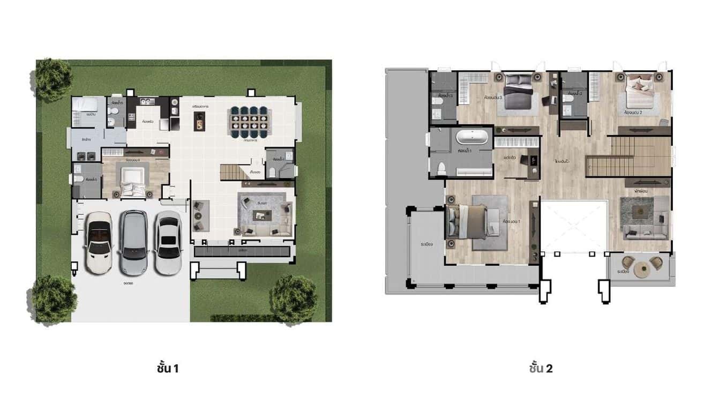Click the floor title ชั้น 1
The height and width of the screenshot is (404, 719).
(x=168, y=369)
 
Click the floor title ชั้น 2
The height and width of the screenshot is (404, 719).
(x=541, y=369)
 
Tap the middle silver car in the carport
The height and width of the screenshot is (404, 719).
(x=133, y=242)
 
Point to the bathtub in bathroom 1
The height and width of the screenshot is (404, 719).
(x=472, y=138)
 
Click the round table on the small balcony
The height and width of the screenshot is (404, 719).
(x=641, y=270)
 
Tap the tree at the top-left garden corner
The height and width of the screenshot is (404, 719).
(x=53, y=79)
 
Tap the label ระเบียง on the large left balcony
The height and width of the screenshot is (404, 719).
(x=427, y=244)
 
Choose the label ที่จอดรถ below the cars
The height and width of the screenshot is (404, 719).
(x=128, y=283)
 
